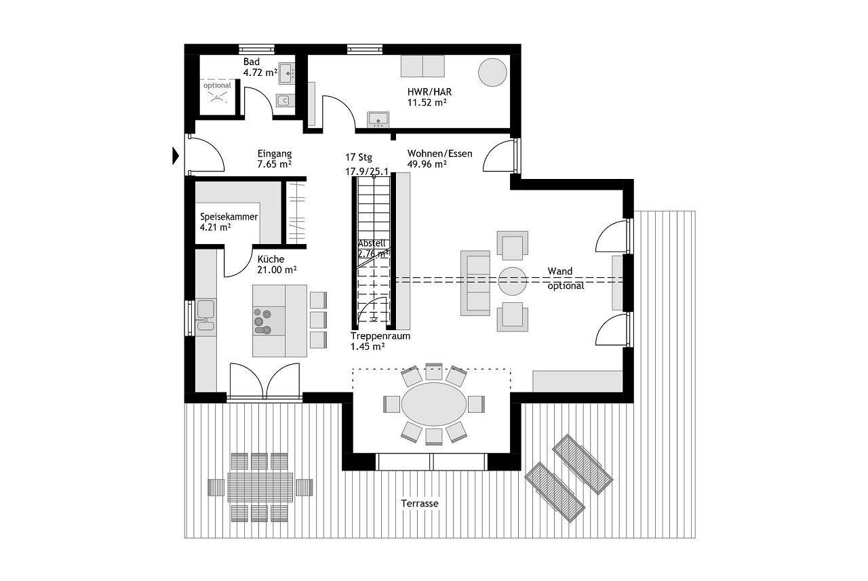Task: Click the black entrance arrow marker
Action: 176,156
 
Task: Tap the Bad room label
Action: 252,62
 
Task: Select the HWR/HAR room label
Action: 429,92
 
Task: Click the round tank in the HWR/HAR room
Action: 492,73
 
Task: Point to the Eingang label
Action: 275,153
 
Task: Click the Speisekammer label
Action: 229,217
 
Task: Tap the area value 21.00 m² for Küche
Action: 277,270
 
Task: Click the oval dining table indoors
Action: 434,404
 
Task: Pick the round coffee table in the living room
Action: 512,281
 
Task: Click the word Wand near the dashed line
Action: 560,271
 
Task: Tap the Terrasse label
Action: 420,504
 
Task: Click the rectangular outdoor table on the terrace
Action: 260,487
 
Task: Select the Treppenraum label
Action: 380,336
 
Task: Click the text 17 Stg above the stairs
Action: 359,157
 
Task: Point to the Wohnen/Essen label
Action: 440,153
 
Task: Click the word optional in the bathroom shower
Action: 217,85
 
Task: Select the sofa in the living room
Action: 475,283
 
